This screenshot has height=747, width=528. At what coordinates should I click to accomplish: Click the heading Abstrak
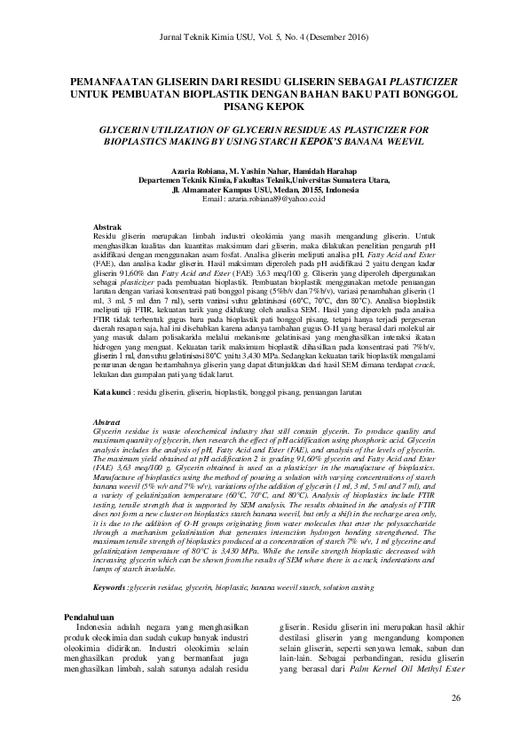tap(107, 228)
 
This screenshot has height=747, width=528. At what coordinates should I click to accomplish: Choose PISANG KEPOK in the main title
tap(264, 104)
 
